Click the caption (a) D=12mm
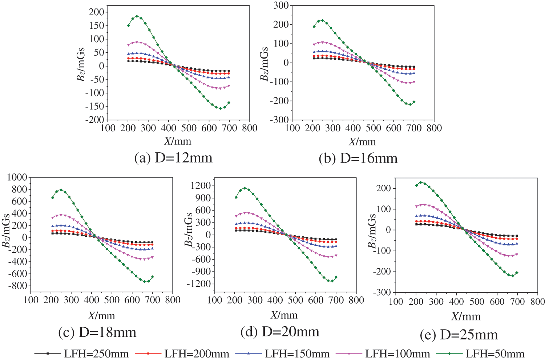tap(173, 158)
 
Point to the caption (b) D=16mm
tap(358, 158)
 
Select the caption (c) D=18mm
tap(97, 332)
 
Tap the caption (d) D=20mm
tap(280, 332)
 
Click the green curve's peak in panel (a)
tap(137, 16)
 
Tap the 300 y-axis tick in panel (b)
tap(281, 5)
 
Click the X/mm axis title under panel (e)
tap(466, 317)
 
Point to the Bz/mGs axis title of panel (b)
tap(264, 64)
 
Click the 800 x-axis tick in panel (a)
tap(250, 128)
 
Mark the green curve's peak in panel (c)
tap(61, 189)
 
